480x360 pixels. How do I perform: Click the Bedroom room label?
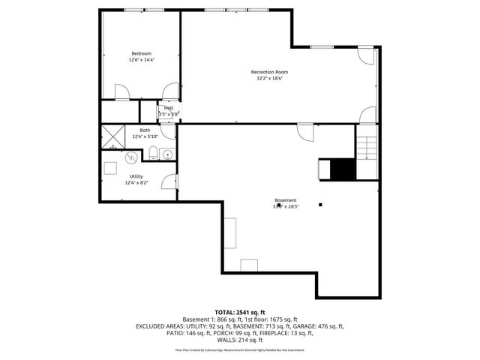pos(142,53)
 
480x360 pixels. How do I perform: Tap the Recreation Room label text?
pos(269,72)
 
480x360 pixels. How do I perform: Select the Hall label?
pos(169,108)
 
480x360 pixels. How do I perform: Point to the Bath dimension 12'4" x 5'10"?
pos(144,136)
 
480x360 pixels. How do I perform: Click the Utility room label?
pos(136,176)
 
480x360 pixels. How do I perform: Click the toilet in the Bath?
pos(152,154)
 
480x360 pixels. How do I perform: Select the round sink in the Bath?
pos(167,155)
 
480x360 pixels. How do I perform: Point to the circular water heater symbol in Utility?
pos(132,157)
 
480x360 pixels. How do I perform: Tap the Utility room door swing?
pos(170,182)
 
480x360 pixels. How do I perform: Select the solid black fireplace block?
pos(343,169)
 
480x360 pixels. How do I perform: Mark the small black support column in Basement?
pos(320,204)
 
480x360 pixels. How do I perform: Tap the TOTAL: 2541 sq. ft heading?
pos(240,312)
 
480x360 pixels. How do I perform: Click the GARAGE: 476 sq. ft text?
pos(322,326)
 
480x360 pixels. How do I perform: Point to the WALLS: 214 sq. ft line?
pos(240,340)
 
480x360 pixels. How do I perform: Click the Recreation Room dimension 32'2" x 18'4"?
pos(269,78)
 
